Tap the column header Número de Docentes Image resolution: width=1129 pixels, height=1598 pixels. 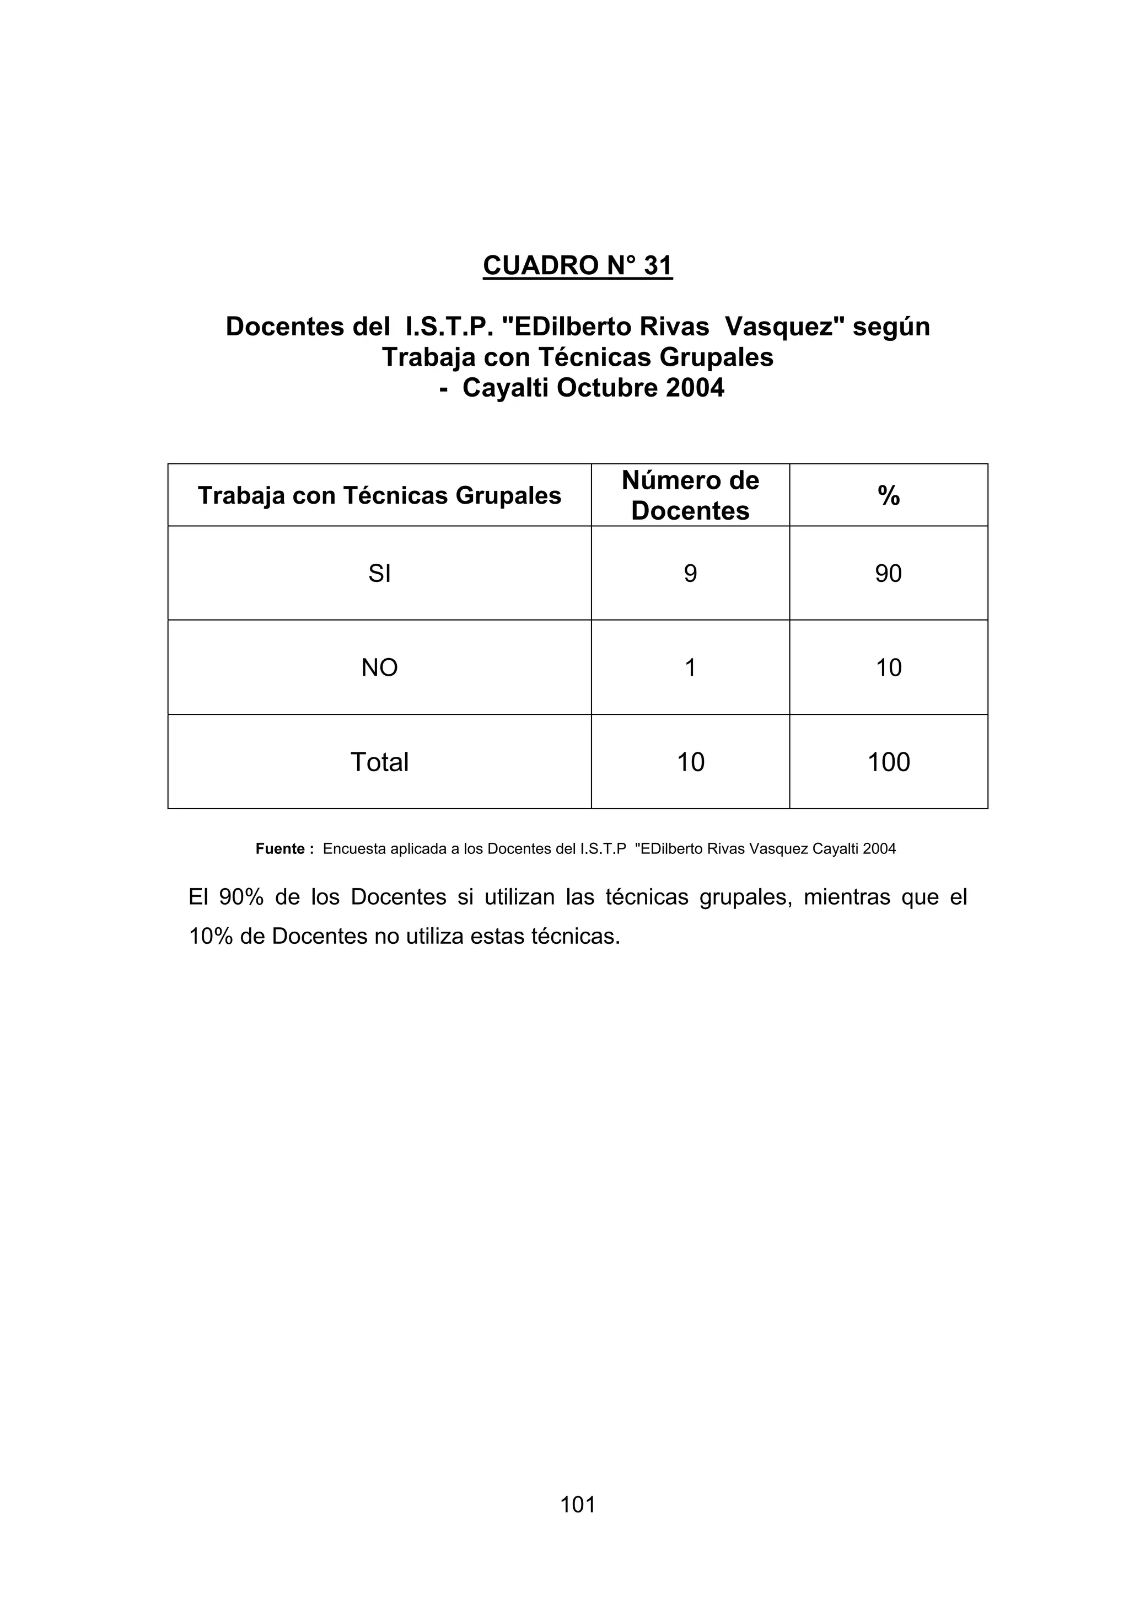coord(690,495)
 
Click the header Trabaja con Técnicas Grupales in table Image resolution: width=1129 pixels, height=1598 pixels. coord(379,495)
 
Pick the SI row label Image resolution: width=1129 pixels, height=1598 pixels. coord(379,574)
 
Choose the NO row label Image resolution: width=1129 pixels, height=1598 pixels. coord(379,667)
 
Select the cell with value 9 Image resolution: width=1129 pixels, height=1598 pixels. coord(690,574)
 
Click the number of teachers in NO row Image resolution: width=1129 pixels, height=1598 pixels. coord(690,667)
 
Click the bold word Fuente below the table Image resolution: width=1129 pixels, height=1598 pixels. coord(281,849)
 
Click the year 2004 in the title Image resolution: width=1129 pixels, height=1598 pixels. coord(695,388)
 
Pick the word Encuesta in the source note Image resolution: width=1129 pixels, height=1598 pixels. coord(351,849)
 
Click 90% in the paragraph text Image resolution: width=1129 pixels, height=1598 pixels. coord(241,897)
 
